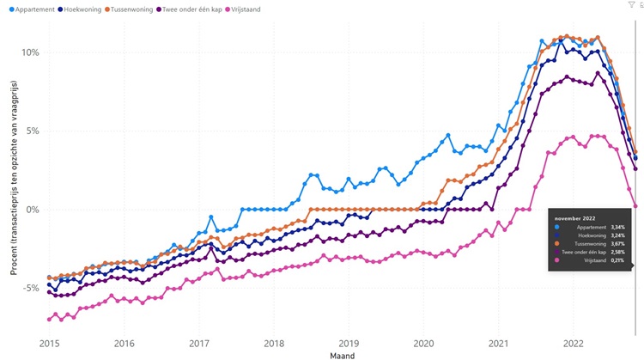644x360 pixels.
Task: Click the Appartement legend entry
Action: point(33,9)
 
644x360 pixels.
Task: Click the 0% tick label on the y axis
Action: point(32,210)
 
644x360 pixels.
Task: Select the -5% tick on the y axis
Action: point(29,288)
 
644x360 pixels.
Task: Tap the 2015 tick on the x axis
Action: point(48,342)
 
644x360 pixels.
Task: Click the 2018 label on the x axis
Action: point(274,342)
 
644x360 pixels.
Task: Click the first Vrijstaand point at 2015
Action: point(49,320)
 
